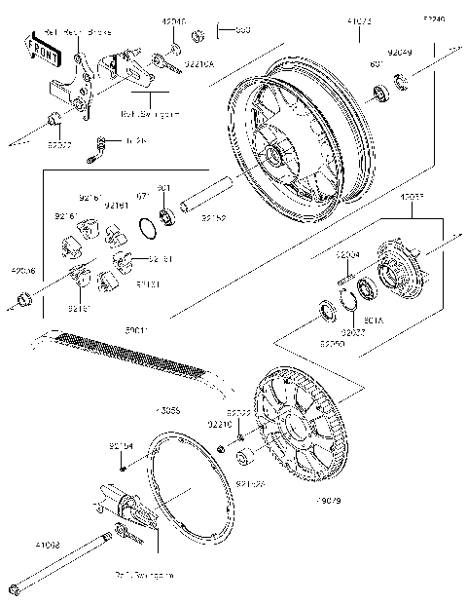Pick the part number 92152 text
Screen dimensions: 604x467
tap(214, 219)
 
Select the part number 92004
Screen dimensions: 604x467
tap(348, 254)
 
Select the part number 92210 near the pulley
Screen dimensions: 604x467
tap(219, 425)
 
